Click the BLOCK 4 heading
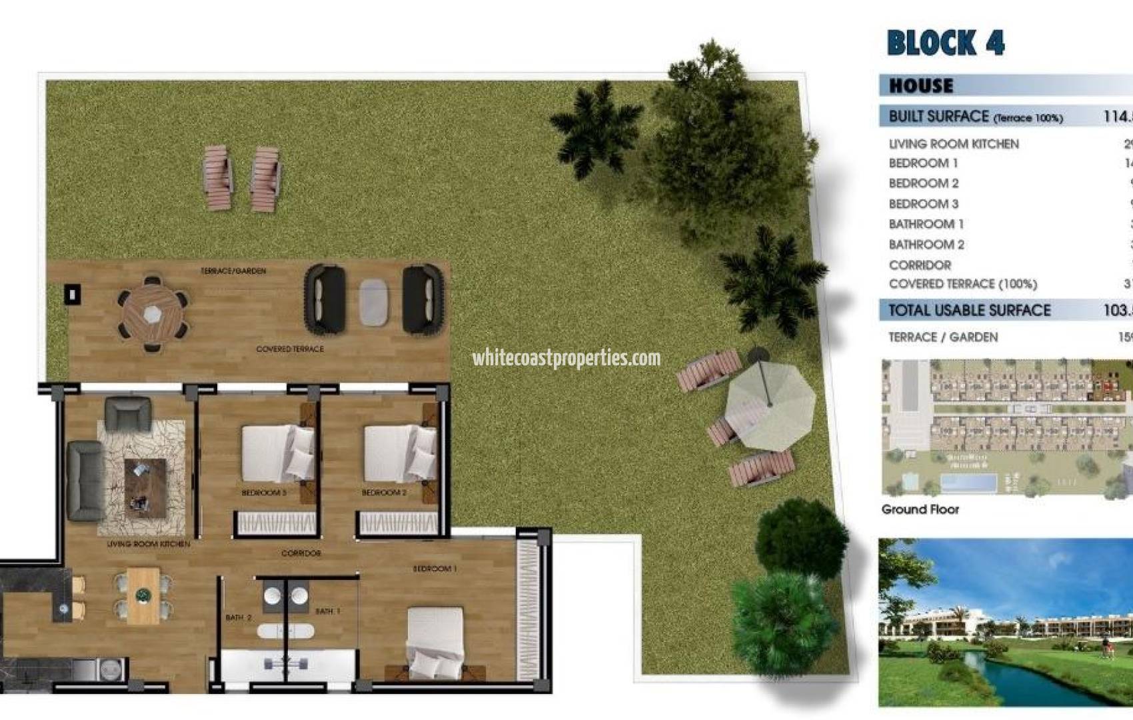click(945, 43)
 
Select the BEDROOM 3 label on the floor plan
click(264, 493)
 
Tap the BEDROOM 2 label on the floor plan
click(384, 493)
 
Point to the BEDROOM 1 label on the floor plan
click(435, 569)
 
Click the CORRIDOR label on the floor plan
click(301, 553)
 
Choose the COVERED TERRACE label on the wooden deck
click(290, 349)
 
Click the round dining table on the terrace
click(153, 312)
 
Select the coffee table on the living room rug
click(145, 487)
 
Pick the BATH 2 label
click(239, 617)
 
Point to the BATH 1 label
click(328, 611)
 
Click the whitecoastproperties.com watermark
click(566, 358)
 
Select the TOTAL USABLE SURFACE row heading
click(969, 310)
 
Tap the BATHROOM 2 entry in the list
click(926, 245)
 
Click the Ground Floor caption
click(920, 509)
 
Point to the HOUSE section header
click(921, 85)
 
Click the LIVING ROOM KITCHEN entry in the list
click(953, 144)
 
